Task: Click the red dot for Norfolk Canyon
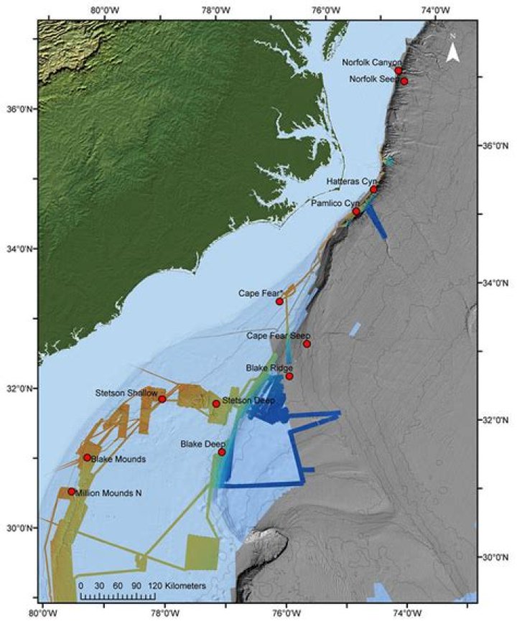[399, 70]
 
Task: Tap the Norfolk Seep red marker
[404, 81]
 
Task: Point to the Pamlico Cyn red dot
[356, 211]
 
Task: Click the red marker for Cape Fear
[280, 301]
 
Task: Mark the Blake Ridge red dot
[289, 376]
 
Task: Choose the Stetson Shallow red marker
[162, 399]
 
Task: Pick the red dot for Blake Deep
[222, 452]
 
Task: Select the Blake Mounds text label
[119, 459]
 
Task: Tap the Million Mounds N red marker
[72, 492]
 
